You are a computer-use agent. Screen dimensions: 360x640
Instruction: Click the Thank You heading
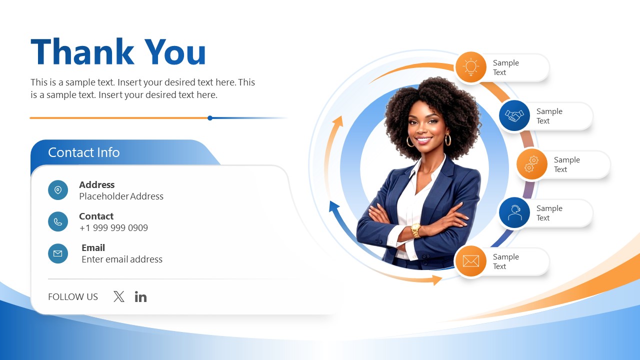click(118, 52)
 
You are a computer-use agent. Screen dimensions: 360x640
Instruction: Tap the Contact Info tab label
click(83, 152)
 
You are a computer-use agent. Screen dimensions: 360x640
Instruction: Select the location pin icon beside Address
click(58, 190)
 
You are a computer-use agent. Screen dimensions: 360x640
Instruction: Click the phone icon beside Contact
click(58, 221)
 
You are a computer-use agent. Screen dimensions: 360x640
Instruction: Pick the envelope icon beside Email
click(58, 253)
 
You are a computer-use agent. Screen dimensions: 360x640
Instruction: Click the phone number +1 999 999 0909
click(113, 228)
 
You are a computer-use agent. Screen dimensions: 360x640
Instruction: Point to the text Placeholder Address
click(121, 196)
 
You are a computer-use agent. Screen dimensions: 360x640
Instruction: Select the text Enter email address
click(122, 259)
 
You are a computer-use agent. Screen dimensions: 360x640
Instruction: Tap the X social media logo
click(119, 296)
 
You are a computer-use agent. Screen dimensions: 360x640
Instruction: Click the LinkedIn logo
click(140, 297)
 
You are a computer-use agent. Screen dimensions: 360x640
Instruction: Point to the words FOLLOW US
click(73, 297)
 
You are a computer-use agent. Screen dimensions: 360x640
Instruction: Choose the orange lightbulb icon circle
click(470, 67)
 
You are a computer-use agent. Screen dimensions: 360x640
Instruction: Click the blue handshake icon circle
click(514, 115)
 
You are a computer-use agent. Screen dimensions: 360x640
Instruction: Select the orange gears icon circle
click(531, 164)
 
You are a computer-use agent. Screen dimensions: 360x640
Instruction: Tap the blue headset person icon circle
click(514, 212)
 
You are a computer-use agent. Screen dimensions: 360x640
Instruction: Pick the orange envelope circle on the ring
click(470, 261)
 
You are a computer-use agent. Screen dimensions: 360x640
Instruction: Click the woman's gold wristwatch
click(415, 229)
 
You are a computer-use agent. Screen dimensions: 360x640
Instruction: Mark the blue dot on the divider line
click(210, 118)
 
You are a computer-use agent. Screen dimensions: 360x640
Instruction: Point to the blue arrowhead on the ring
click(333, 205)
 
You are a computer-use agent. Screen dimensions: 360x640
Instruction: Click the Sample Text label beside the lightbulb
click(505, 67)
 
